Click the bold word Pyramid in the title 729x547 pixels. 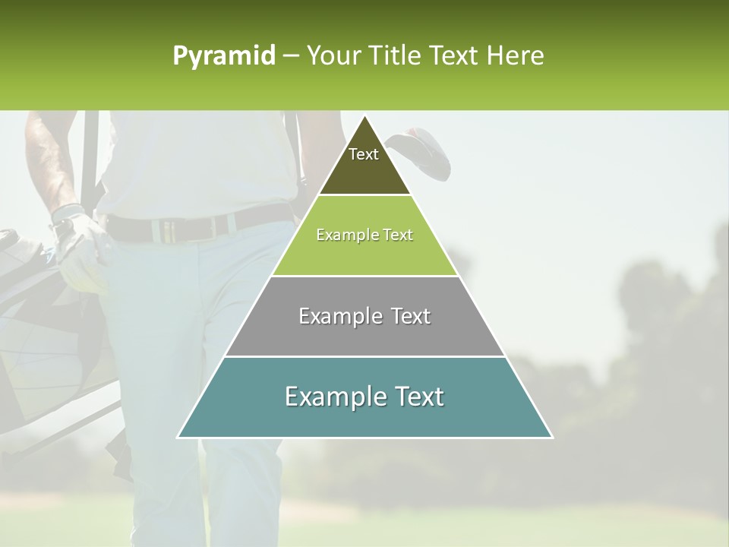pyautogui.click(x=223, y=56)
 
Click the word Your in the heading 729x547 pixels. pyautogui.click(x=333, y=55)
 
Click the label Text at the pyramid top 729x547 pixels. pyautogui.click(x=364, y=154)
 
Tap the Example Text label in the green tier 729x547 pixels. pyautogui.click(x=364, y=235)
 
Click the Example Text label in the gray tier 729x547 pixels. pyautogui.click(x=364, y=316)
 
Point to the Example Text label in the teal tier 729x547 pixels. pyautogui.click(x=364, y=397)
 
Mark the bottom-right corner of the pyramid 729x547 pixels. pyautogui.click(x=552, y=438)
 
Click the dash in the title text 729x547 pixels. pyautogui.click(x=291, y=56)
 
